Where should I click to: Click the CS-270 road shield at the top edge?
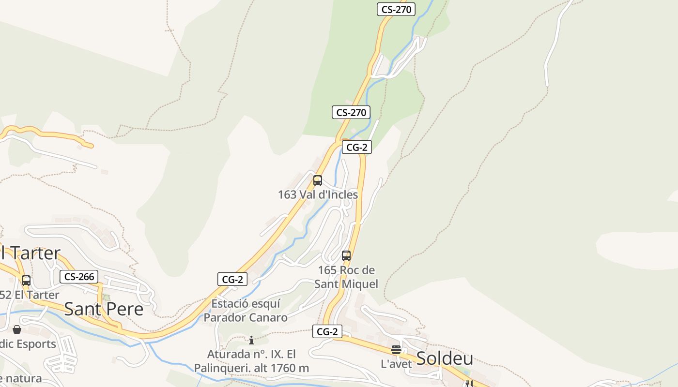tap(396, 9)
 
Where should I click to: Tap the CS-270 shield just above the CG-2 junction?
tap(351, 113)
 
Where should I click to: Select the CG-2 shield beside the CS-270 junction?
tap(357, 148)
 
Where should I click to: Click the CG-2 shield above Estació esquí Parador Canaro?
tap(232, 279)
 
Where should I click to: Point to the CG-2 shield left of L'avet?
tap(327, 331)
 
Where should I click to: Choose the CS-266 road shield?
tap(79, 277)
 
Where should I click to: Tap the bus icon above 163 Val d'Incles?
tap(318, 180)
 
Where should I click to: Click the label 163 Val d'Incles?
tap(318, 194)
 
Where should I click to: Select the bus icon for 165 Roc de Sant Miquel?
tap(346, 255)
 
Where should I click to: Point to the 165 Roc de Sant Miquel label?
tap(346, 277)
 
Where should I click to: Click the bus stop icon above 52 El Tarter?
tap(26, 280)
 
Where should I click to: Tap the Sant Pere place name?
tap(104, 309)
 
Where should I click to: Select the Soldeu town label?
tap(445, 358)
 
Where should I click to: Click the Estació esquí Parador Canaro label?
tap(246, 310)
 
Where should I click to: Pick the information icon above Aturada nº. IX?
tap(251, 340)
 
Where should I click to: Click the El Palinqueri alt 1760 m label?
tap(251, 361)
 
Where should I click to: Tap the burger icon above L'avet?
tap(396, 350)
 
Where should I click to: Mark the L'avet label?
tap(396, 364)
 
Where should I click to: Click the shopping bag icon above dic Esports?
tap(17, 329)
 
